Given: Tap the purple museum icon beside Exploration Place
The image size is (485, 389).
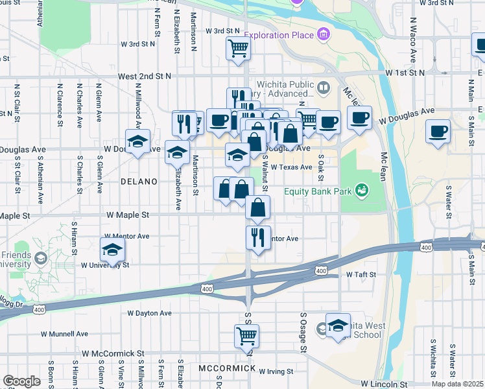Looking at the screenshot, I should tap(323, 34).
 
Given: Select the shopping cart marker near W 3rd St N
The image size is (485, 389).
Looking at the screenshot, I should tap(238, 48).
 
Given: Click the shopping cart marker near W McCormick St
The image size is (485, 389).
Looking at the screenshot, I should tap(246, 336).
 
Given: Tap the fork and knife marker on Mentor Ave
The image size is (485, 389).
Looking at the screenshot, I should tap(258, 237).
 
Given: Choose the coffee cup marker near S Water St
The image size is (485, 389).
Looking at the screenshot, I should tap(438, 131).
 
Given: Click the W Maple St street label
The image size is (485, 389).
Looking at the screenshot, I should tap(127, 215).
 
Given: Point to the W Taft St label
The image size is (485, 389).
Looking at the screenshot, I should tap(361, 275).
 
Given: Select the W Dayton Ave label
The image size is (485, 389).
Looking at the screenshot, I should tap(149, 312).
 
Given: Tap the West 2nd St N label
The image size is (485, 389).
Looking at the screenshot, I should tap(145, 76).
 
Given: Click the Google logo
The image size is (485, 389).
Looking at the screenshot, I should tap(21, 381).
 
